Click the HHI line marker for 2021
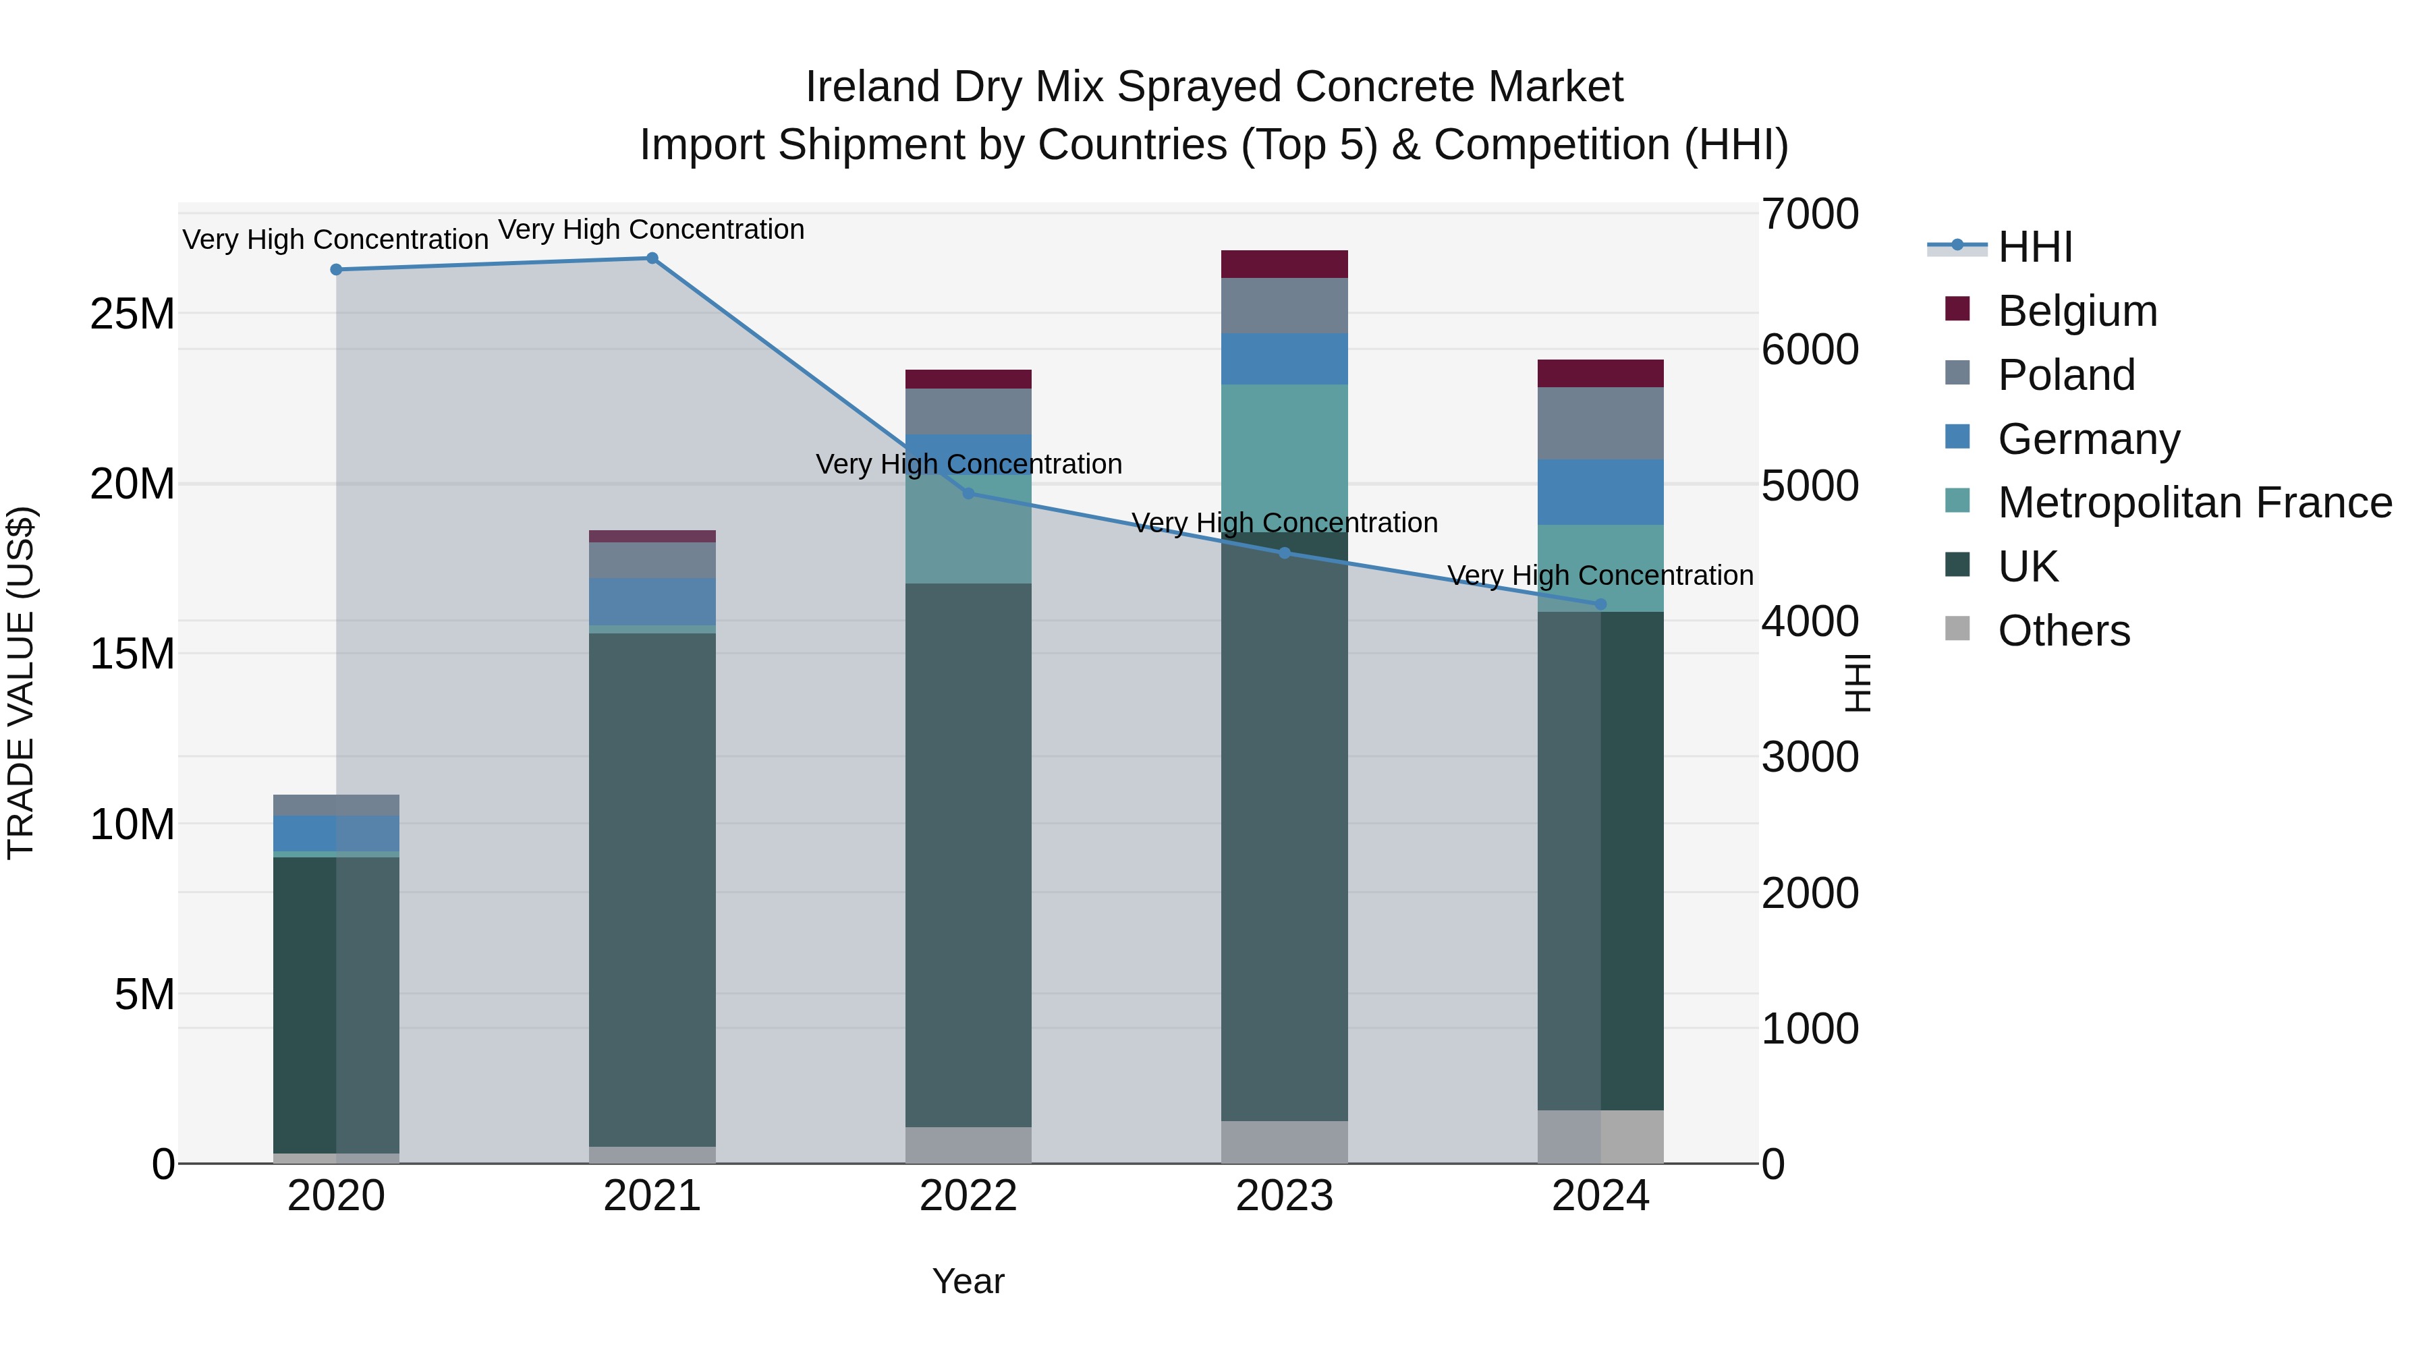pyautogui.click(x=652, y=258)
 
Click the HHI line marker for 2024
pyautogui.click(x=1600, y=604)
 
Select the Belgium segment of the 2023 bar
pyautogui.click(x=1284, y=264)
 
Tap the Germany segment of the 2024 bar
pyautogui.click(x=1600, y=492)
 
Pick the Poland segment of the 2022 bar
pyautogui.click(x=968, y=411)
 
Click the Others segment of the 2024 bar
pyautogui.click(x=1600, y=1136)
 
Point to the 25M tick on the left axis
pyautogui.click(x=132, y=314)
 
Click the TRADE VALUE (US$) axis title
pyautogui.click(x=21, y=683)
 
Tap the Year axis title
pyautogui.click(x=968, y=1281)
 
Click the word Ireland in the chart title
pyautogui.click(x=872, y=87)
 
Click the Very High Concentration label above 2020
pyautogui.click(x=336, y=239)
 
